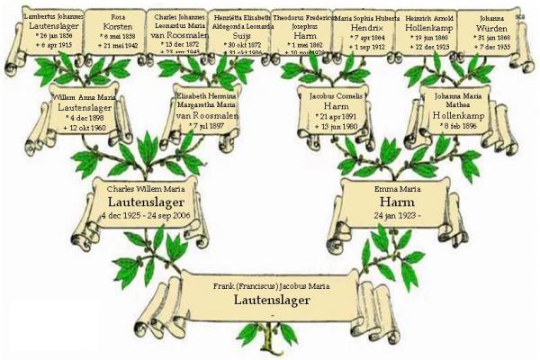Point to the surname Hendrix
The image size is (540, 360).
coord(368,28)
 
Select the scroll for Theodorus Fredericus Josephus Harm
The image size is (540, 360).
coord(305,34)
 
